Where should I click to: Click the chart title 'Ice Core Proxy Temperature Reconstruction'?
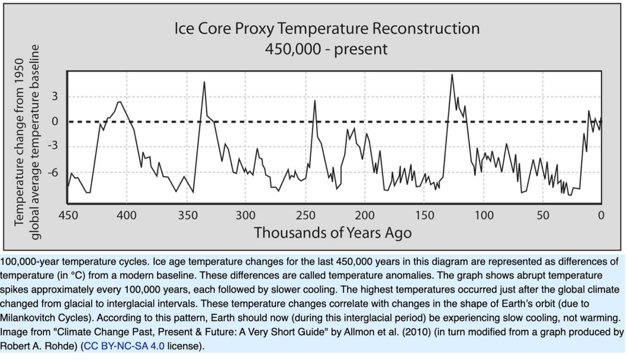(327, 29)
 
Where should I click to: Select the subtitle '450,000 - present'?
(326, 49)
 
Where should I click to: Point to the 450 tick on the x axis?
(69, 216)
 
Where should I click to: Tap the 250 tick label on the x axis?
(304, 216)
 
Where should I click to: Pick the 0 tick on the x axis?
(601, 216)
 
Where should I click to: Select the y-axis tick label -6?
(54, 173)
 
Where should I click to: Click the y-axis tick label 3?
(54, 96)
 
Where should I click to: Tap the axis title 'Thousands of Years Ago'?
(332, 233)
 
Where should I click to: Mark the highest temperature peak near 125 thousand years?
(452, 75)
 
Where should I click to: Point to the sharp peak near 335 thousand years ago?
(204, 82)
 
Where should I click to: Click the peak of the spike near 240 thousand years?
(315, 101)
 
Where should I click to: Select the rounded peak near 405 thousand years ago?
(120, 102)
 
